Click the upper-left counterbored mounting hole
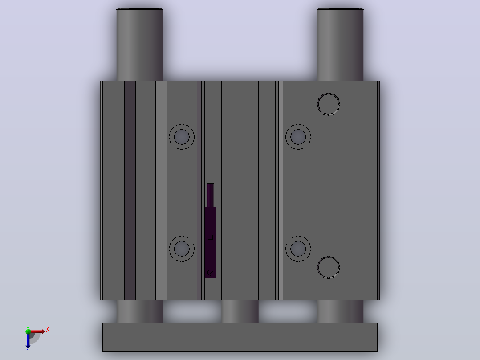click(x=182, y=137)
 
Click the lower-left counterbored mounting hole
click(x=182, y=249)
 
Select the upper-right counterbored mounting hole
click(x=298, y=137)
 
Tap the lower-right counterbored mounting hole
click(x=298, y=249)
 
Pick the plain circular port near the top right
click(x=329, y=104)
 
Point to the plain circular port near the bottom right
click(x=329, y=267)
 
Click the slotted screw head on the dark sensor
click(x=210, y=272)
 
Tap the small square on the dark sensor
click(x=210, y=237)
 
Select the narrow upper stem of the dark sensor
click(x=210, y=195)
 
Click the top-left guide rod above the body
click(x=140, y=45)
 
